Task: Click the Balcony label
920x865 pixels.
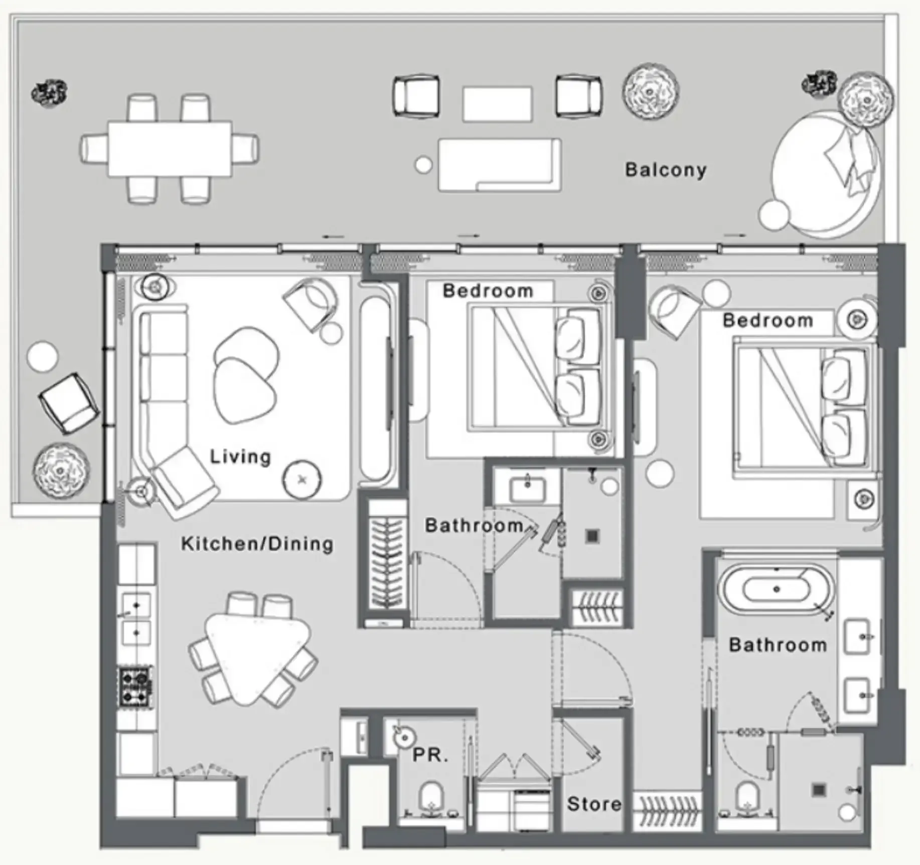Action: pos(666,170)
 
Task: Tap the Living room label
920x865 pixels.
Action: pos(240,457)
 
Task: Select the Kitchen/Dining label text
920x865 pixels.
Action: pos(257,544)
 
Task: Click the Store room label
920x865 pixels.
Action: pos(594,804)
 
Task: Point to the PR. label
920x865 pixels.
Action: pos(430,755)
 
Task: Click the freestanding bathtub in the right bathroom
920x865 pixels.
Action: pos(777,590)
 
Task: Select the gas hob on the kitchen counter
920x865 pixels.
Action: pos(135,686)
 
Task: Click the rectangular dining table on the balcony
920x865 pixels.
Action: pos(170,149)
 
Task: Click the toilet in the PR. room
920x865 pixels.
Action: pos(431,798)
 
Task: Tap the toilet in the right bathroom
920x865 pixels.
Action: pos(747,798)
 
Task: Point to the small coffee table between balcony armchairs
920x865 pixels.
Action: pos(497,104)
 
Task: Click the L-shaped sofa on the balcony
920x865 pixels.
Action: pos(500,165)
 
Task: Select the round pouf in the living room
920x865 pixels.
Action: pos(302,480)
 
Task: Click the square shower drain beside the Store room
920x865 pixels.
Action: pos(819,791)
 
